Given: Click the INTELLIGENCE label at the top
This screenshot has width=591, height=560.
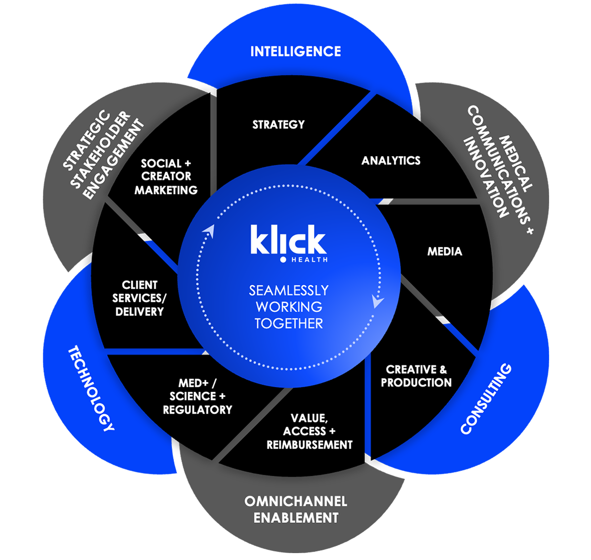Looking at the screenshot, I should [295, 51].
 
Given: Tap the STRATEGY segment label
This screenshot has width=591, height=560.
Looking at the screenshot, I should [278, 125].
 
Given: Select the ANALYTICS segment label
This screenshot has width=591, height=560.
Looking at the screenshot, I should [391, 161].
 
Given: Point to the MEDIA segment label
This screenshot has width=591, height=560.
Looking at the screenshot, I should [445, 252].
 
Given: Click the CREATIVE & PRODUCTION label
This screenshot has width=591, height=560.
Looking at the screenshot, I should [416, 376].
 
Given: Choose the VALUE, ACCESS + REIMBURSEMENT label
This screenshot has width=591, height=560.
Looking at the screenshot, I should [309, 431].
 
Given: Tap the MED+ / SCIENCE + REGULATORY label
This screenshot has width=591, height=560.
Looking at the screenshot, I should [197, 396].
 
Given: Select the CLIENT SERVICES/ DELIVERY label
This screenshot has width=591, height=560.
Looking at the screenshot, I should [139, 298].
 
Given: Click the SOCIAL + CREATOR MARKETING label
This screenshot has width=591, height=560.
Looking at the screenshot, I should [166, 176].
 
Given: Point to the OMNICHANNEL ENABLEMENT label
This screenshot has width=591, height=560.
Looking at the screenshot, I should [296, 509].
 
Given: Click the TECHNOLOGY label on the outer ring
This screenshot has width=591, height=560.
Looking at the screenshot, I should [91, 389].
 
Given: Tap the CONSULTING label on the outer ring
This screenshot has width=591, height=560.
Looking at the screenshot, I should [486, 399].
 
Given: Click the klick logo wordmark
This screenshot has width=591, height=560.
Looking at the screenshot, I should [288, 240].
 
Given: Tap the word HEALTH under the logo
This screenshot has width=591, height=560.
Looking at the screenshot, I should [309, 260].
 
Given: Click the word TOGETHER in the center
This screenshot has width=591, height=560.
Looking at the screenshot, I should [289, 324].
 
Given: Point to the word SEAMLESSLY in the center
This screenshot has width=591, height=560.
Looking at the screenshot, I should [289, 290].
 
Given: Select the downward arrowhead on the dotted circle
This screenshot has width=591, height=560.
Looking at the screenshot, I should [377, 301].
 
